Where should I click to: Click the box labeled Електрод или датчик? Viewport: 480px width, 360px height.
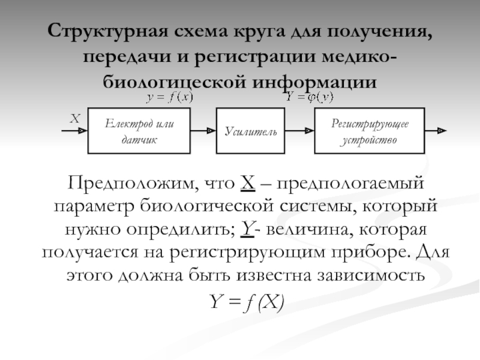(x=139, y=130)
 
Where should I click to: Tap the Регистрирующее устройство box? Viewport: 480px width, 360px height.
(x=370, y=130)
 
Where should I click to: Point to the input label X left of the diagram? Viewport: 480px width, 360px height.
(x=74, y=119)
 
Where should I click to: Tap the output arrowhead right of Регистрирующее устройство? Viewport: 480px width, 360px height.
(x=440, y=130)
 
